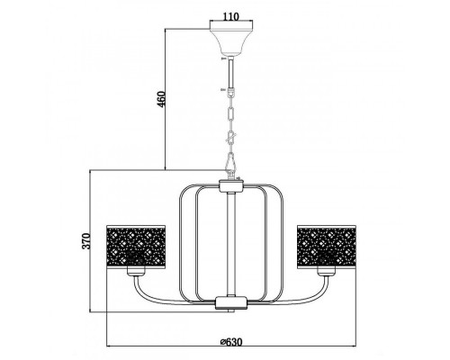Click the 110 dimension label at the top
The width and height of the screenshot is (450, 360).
click(231, 16)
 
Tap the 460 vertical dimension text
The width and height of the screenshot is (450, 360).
click(161, 99)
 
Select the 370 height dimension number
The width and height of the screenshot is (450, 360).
click(86, 241)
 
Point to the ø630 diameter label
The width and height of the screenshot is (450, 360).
click(231, 342)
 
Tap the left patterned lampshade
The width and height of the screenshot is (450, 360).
click(136, 246)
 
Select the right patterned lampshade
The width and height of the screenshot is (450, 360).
click(326, 246)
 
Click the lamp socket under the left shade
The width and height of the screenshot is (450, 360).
click(136, 272)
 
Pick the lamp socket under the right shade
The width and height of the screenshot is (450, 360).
click(326, 272)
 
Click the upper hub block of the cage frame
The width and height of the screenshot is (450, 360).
click(231, 186)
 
